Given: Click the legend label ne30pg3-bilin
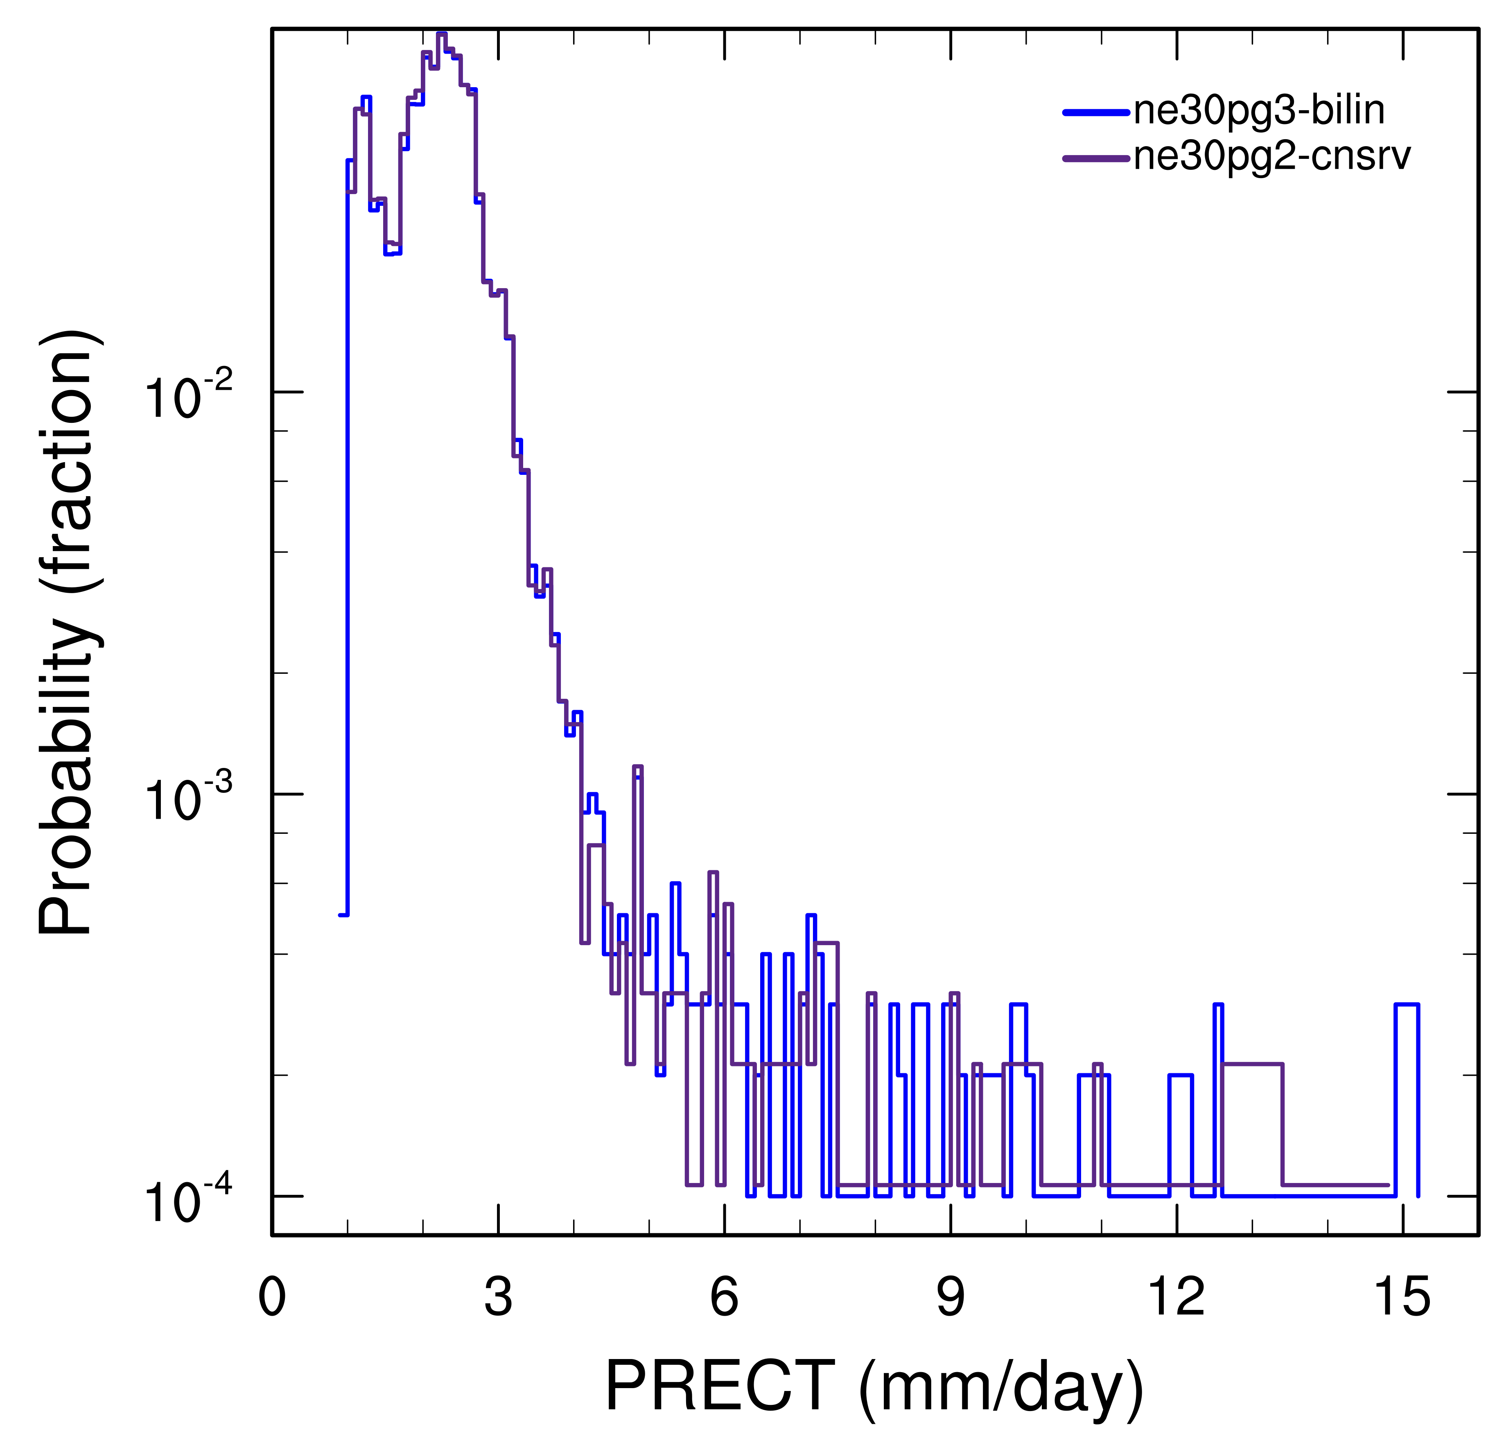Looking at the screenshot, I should [1259, 111].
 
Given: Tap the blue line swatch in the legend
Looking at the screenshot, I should [1095, 113].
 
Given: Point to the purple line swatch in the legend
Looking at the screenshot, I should [1095, 158].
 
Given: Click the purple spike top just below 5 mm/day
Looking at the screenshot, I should [638, 767].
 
